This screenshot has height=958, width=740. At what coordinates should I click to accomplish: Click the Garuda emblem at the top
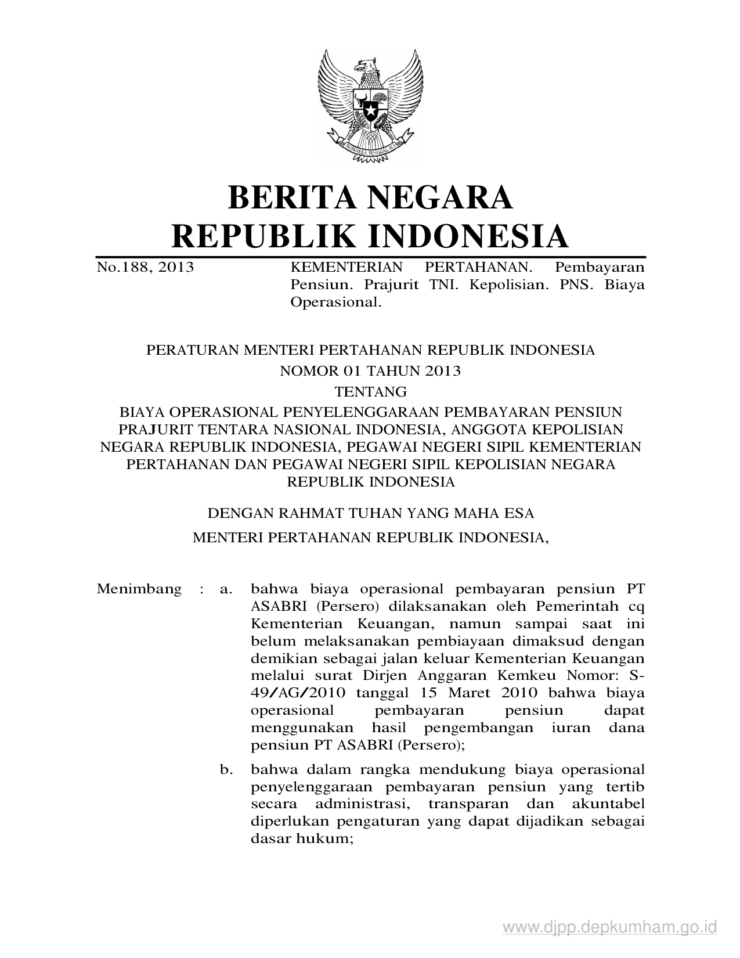point(370,103)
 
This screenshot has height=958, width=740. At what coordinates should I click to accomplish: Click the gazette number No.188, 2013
point(145,268)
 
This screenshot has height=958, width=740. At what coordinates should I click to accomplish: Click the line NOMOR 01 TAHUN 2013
point(370,371)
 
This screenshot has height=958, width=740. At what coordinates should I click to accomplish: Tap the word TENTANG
point(370,391)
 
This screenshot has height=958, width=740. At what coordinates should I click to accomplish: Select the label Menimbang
point(139,589)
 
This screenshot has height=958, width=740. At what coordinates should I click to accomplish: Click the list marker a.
point(226,589)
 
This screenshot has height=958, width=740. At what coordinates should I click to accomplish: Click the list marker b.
point(226,770)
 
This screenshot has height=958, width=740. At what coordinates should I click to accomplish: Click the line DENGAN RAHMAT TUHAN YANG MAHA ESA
point(370,514)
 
